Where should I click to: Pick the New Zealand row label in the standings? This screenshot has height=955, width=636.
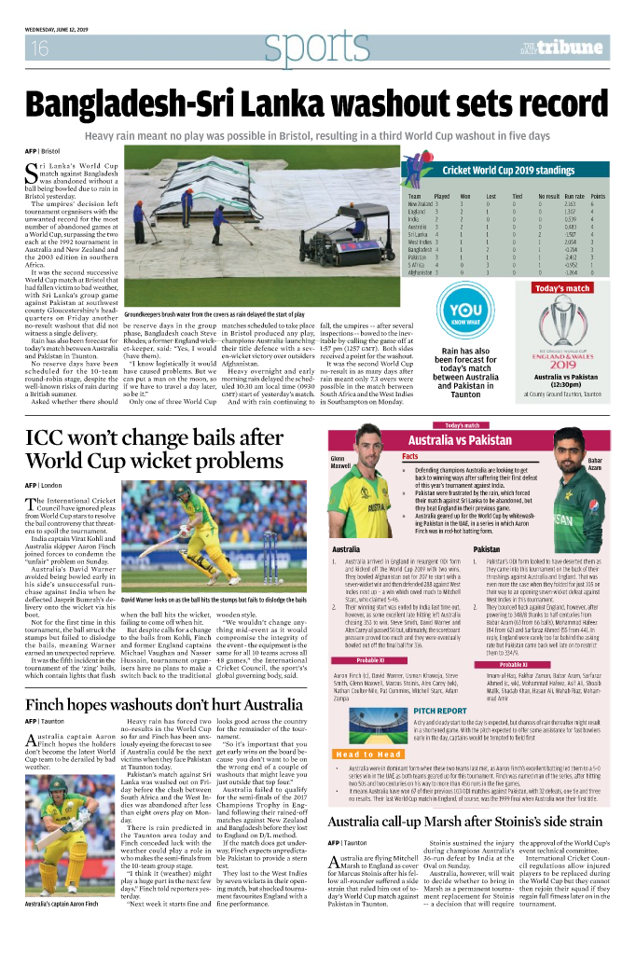(420, 205)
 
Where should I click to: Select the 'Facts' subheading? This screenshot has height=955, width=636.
(410, 456)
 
